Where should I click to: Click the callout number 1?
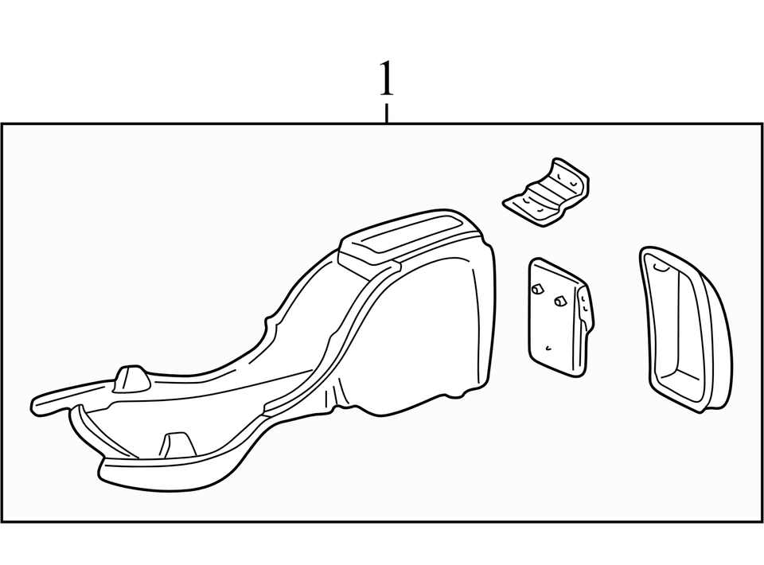tap(386, 78)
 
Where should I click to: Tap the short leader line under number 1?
tap(387, 113)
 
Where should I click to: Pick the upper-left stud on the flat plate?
tap(536, 290)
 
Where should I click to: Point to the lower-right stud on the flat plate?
tap(559, 301)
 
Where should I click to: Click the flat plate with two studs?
tap(560, 318)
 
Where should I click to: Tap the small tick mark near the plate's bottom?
tap(548, 348)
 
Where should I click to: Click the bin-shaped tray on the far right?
tap(685, 329)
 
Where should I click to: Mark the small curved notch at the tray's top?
tap(661, 266)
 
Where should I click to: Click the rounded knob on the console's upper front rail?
tap(131, 377)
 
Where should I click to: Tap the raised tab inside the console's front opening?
tap(177, 444)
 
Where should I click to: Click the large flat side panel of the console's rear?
tap(429, 336)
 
